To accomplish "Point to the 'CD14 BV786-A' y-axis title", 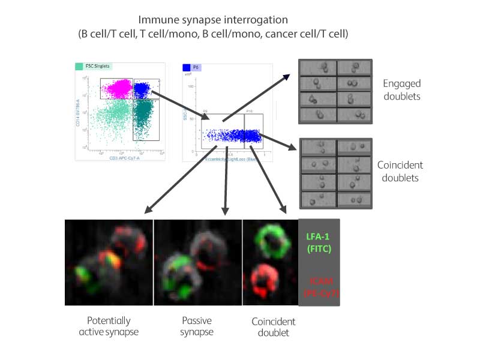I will tap(78, 111).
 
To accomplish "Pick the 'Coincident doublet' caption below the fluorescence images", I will tap(273, 326).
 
